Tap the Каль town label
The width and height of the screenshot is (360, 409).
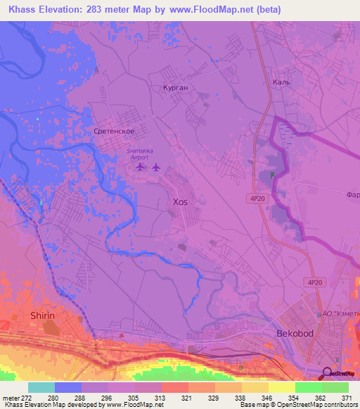(x=301, y=82)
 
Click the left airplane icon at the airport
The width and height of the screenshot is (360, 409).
(x=141, y=167)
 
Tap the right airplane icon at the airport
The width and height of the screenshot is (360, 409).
(x=155, y=167)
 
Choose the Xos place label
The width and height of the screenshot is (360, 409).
(x=180, y=202)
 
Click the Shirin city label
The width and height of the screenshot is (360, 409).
(x=42, y=316)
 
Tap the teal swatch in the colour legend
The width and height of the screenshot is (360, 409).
(x=41, y=387)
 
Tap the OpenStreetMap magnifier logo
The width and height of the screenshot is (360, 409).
(x=326, y=372)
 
